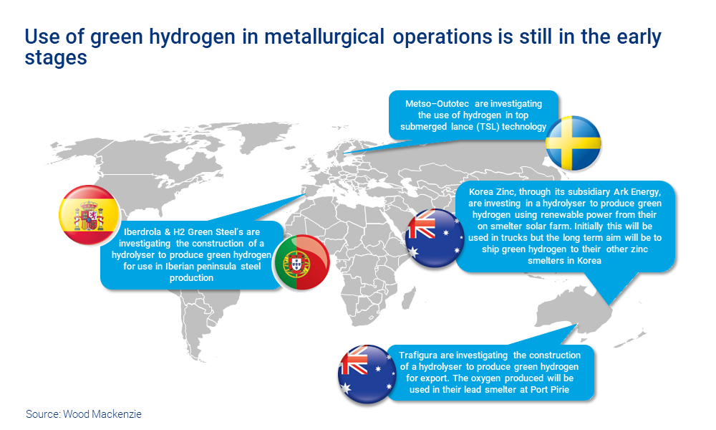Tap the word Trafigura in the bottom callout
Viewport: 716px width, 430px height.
coord(420,355)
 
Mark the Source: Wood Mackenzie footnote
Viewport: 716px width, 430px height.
coord(84,414)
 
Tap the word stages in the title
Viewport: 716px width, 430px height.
coord(56,58)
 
